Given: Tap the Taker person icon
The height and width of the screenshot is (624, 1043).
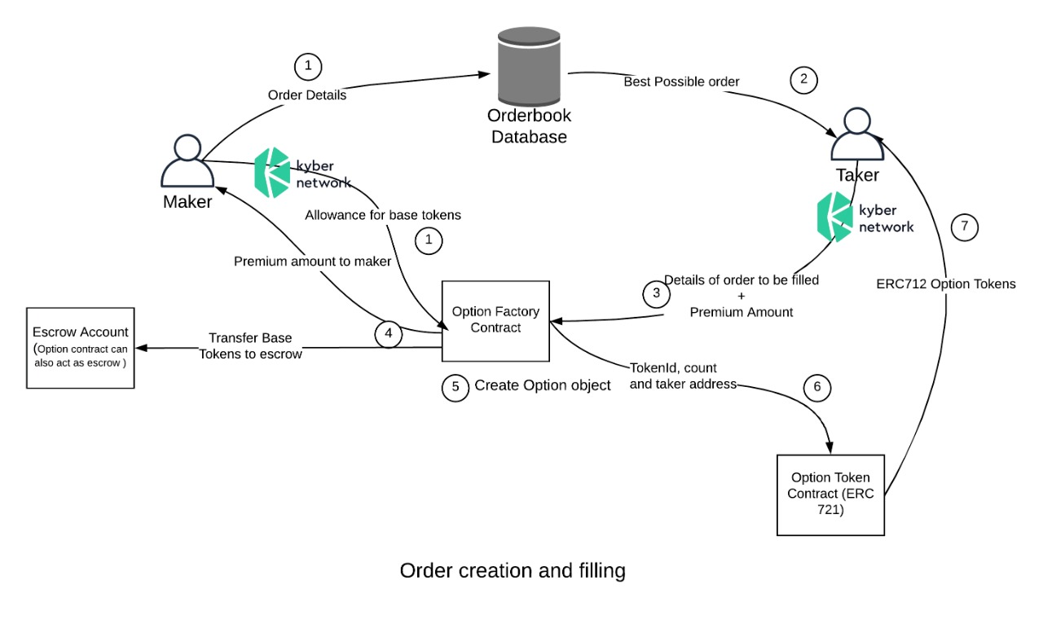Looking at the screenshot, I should [857, 135].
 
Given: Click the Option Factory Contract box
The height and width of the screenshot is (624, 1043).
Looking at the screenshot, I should [495, 321].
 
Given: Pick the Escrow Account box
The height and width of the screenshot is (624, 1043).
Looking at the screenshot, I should [80, 347].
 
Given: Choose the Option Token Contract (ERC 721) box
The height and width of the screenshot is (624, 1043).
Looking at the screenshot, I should [830, 494].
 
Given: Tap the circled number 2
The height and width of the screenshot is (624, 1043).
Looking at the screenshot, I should [803, 79].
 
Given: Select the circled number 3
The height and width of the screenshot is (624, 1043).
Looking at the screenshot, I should [657, 293].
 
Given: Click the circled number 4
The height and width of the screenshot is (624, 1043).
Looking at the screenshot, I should [389, 332].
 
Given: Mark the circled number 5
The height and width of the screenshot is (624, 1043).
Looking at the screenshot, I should [455, 387].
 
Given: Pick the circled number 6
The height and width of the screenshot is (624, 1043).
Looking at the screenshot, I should [818, 388].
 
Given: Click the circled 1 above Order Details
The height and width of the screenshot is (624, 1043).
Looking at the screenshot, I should [307, 67].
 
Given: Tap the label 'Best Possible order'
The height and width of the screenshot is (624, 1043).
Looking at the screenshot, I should [681, 82].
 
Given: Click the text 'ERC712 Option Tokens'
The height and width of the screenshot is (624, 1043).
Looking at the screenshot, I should [946, 284].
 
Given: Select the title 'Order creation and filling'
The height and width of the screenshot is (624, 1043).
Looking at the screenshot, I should [513, 570].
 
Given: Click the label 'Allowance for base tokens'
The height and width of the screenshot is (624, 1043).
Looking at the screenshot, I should [383, 215].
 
